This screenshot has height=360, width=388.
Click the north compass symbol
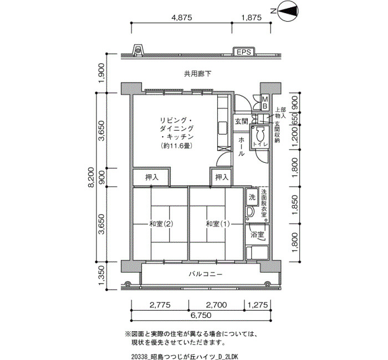pyautogui.click(x=288, y=11)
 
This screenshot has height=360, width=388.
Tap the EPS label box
pyautogui.click(x=244, y=52)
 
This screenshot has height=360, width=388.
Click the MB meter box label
pyautogui.click(x=265, y=103)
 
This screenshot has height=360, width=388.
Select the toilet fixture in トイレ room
pyautogui.click(x=259, y=135)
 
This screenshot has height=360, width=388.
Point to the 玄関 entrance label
pyautogui.click(x=241, y=121)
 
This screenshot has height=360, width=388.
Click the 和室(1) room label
pyautogui.click(x=218, y=224)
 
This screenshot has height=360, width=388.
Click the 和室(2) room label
pyautogui.click(x=161, y=224)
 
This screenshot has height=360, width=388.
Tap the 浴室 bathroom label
pyautogui.click(x=257, y=234)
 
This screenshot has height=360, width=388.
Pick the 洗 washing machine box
pyautogui.click(x=252, y=197)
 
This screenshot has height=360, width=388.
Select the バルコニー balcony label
pyautogui.click(x=206, y=274)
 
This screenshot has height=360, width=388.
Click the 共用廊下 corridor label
pyautogui.click(x=197, y=74)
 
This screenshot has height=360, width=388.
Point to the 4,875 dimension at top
pyautogui.click(x=182, y=18)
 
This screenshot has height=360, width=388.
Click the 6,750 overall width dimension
pyautogui.click(x=201, y=315)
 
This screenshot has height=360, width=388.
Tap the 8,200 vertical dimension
pyautogui.click(x=91, y=177)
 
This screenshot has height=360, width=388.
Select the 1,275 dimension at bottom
pyautogui.click(x=258, y=305)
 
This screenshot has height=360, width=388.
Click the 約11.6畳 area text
pyautogui.click(x=176, y=146)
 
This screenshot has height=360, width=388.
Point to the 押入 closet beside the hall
pyautogui.click(x=221, y=177)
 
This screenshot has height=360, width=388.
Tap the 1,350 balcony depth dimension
pyautogui.click(x=101, y=275)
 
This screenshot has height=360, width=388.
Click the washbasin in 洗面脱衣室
pyautogui.click(x=249, y=212)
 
